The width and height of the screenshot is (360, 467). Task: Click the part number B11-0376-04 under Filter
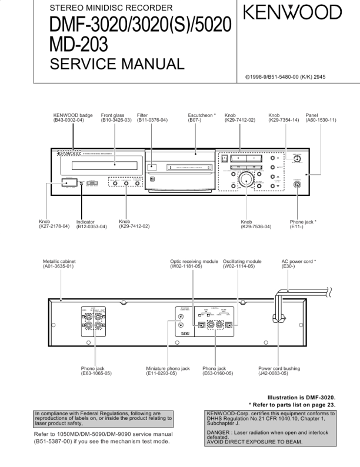pyautogui.click(x=152, y=120)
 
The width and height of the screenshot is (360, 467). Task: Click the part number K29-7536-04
pyautogui.click(x=256, y=226)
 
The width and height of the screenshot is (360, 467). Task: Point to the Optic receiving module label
pyautogui.click(x=194, y=261)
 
